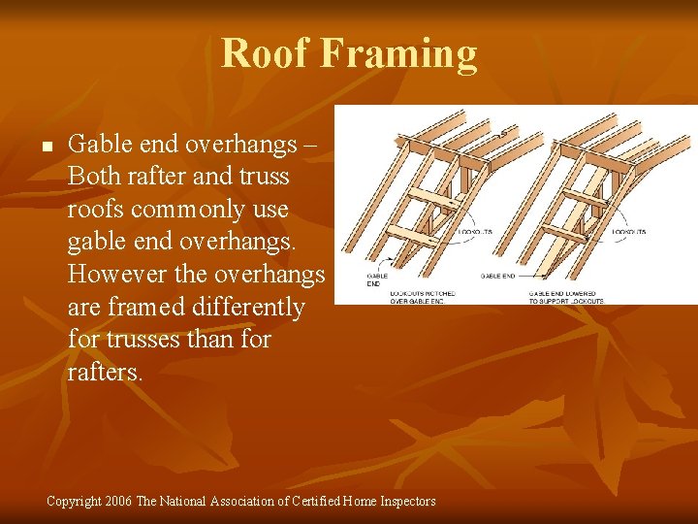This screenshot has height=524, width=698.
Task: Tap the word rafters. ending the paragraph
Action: pyautogui.click(x=105, y=373)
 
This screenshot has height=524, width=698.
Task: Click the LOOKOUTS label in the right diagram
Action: pyautogui.click(x=629, y=233)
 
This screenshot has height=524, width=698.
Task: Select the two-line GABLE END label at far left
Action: pyautogui.click(x=373, y=279)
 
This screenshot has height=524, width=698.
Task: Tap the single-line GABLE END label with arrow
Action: pyautogui.click(x=499, y=276)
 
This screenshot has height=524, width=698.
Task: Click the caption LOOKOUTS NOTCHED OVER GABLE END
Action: pyautogui.click(x=422, y=297)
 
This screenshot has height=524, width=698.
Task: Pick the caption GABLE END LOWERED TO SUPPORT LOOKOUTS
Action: pyautogui.click(x=566, y=297)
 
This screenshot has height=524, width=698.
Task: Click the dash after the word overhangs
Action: pyautogui.click(x=310, y=146)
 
